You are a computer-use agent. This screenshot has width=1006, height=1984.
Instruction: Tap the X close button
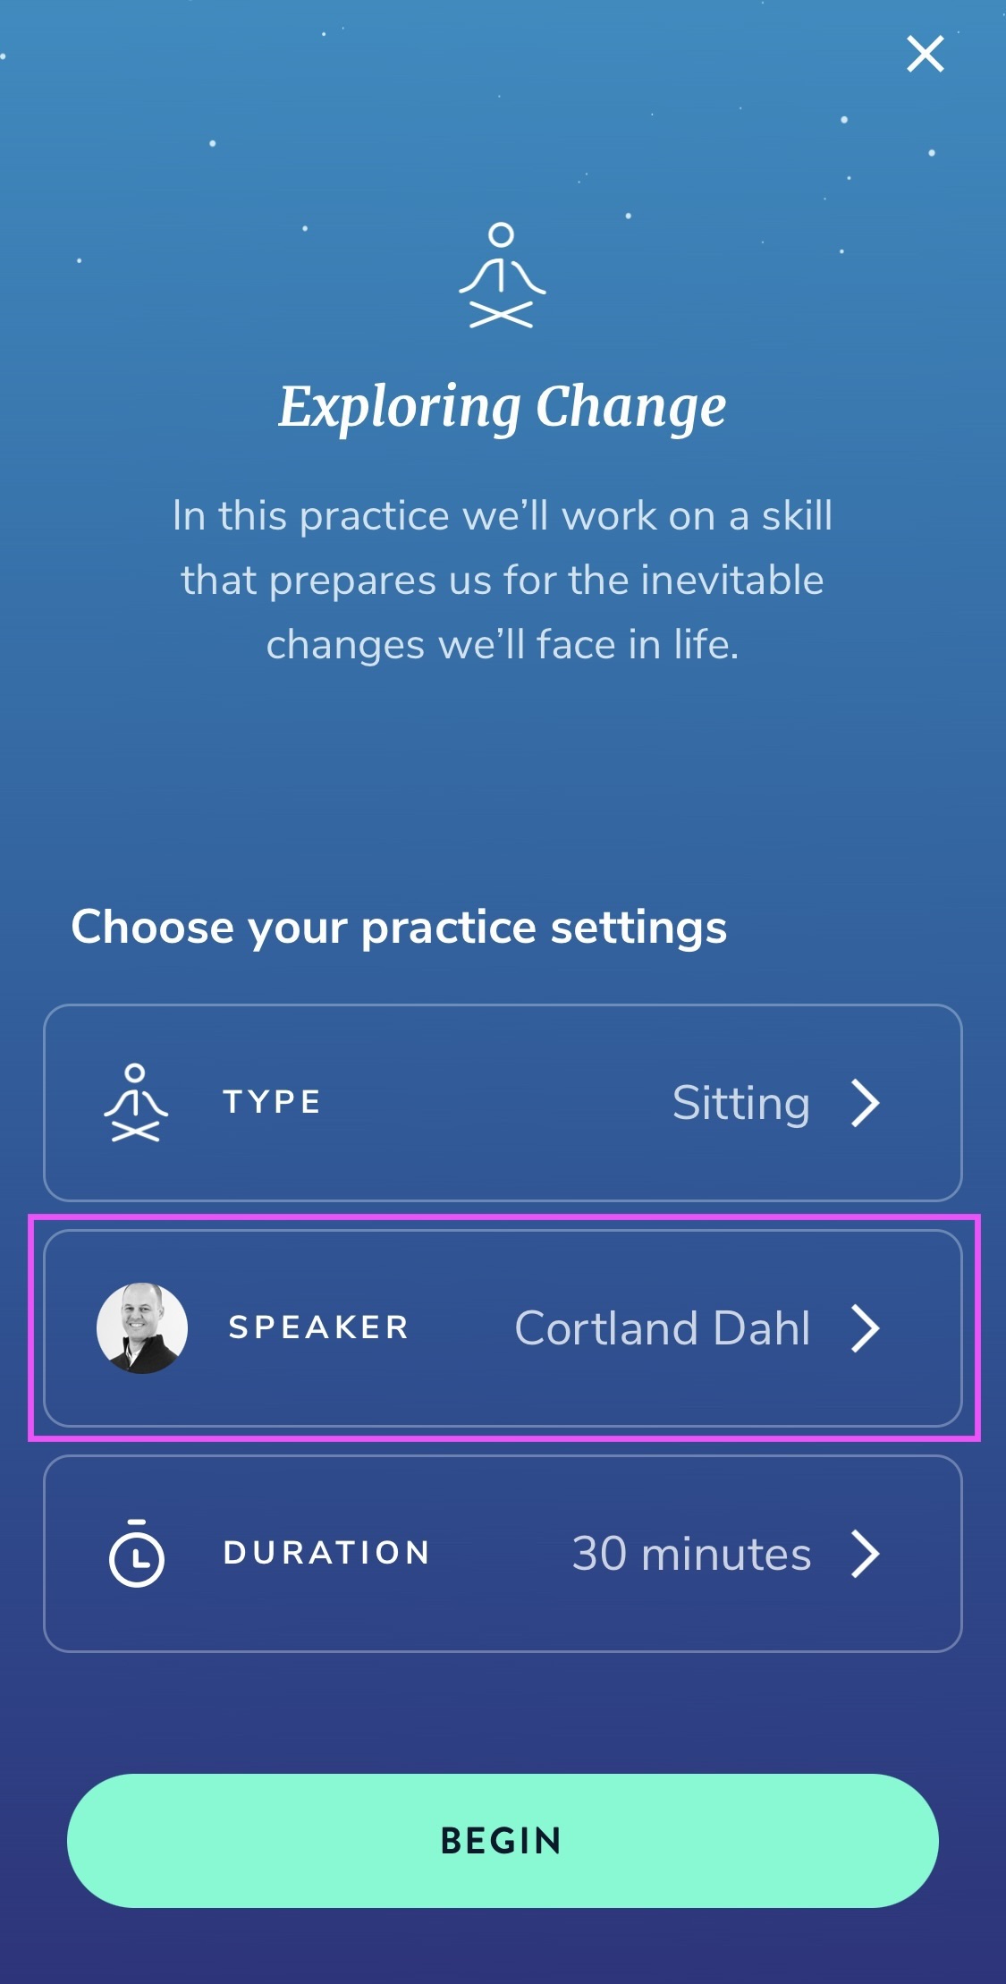pos(925,54)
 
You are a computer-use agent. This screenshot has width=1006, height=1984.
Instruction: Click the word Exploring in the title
pos(400,408)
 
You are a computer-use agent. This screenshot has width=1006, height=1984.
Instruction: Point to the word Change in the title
pos(631,408)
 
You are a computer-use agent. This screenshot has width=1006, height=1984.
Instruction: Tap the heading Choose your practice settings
pos(399,927)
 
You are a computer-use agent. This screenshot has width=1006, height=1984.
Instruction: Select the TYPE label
pos(272,1102)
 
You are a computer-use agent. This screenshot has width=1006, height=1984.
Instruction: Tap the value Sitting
pos(741,1104)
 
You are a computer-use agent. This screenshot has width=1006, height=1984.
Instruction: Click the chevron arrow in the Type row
pos(865,1103)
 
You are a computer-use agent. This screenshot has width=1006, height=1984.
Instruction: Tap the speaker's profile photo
pos(142,1328)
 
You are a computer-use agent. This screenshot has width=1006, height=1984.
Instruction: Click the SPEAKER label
pos(319,1327)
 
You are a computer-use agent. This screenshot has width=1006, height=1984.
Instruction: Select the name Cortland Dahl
pos(663,1328)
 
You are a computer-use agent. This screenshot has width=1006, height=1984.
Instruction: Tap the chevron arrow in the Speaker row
pos(865,1328)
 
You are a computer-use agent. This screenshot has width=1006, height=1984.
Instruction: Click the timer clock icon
pos(136,1553)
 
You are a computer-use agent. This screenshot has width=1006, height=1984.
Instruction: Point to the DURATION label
pos(327,1553)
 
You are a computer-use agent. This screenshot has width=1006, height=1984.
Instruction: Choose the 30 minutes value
pos(691,1554)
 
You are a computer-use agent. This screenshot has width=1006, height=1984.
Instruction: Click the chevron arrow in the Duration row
pos(865,1554)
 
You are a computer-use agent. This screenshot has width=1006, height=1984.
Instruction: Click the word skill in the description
pos(797,515)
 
